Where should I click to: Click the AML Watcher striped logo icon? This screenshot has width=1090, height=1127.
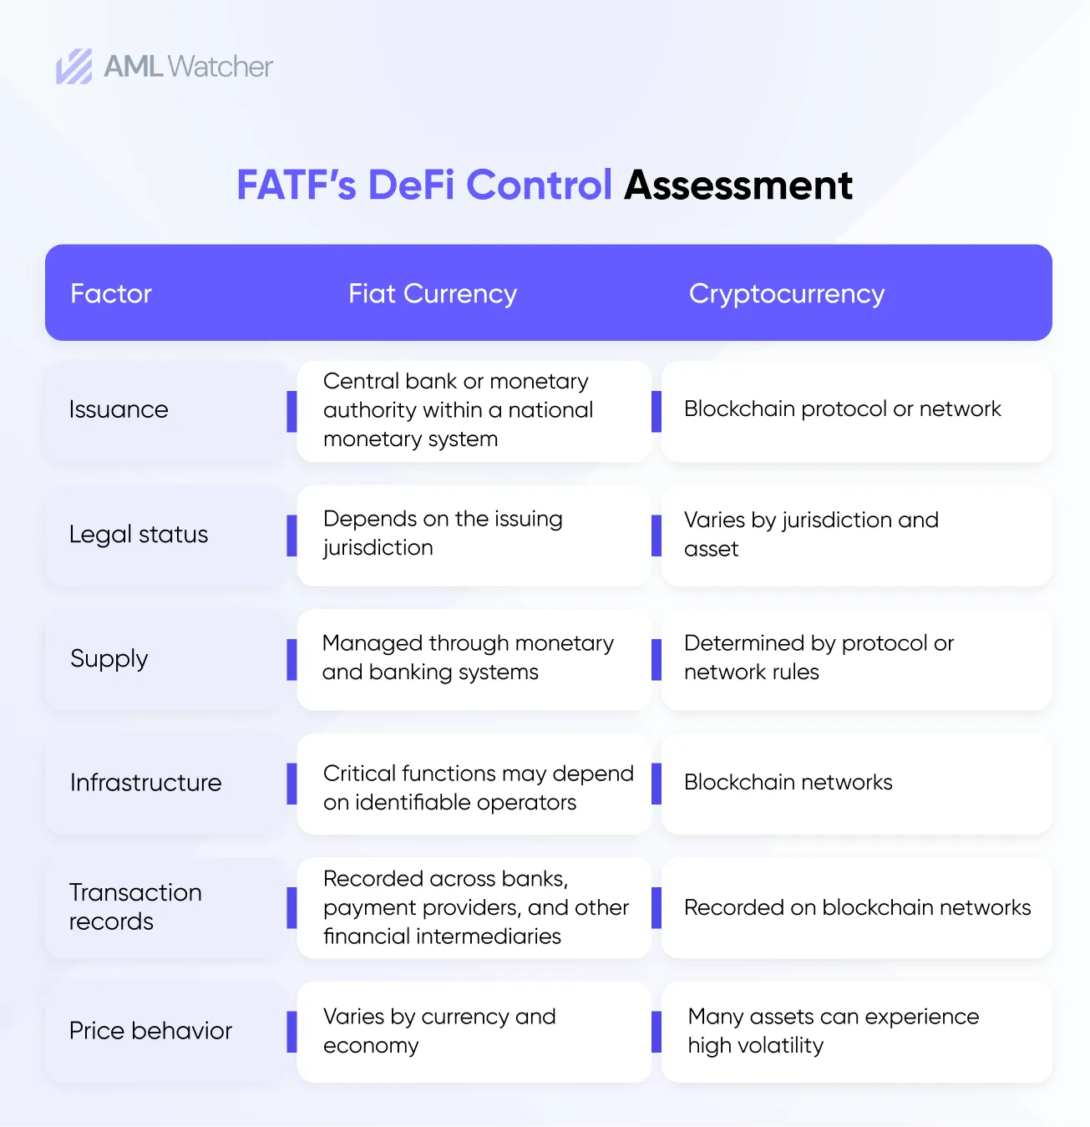[74, 67]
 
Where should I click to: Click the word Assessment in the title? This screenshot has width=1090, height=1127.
[738, 185]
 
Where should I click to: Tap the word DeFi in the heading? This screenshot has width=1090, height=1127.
[411, 185]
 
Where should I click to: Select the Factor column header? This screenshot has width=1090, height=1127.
[110, 293]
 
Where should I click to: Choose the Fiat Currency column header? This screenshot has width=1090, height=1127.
[433, 294]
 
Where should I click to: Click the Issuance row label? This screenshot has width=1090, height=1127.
[119, 409]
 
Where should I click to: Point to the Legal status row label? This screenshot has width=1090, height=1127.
[139, 534]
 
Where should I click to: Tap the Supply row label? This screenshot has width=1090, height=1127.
[109, 658]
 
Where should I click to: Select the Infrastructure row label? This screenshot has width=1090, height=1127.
[145, 783]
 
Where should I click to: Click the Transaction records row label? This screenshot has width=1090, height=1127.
[135, 906]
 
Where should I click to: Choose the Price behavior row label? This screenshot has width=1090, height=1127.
[150, 1031]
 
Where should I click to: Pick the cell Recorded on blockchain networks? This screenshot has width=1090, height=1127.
[857, 907]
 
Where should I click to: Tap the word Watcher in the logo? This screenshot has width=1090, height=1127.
[221, 66]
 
